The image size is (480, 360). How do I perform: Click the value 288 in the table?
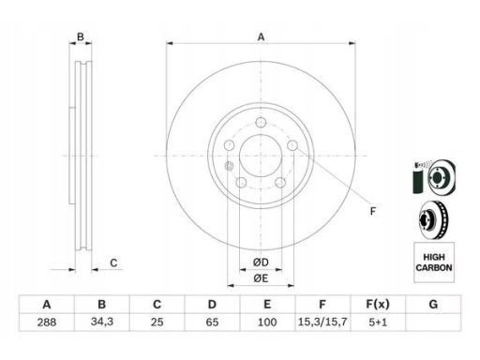tap(47, 322)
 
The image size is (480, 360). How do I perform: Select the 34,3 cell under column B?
tap(102, 322)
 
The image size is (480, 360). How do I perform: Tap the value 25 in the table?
tap(157, 322)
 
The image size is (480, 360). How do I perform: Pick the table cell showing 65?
tap(212, 322)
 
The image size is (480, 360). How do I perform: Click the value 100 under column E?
tap(267, 322)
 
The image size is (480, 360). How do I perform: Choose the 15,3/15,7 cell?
tap(322, 322)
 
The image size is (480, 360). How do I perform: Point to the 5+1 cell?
tap(378, 322)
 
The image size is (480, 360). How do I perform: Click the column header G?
tap(433, 304)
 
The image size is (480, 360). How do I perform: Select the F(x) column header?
tap(378, 304)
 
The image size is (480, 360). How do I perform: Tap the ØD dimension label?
tap(261, 262)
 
